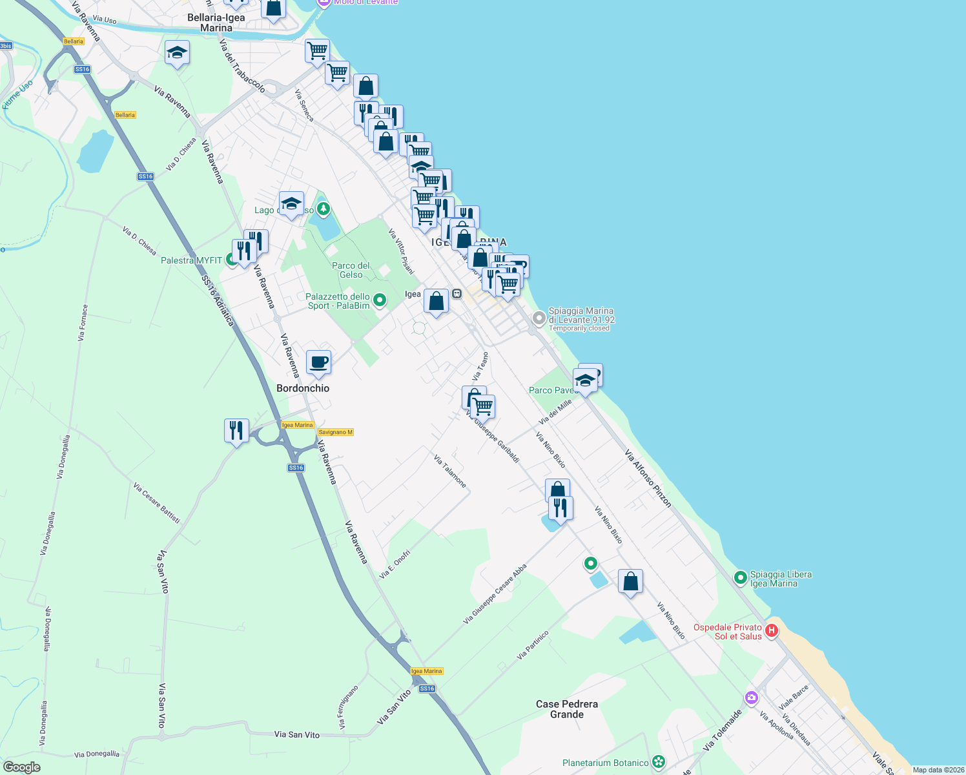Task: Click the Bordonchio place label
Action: [x=303, y=388]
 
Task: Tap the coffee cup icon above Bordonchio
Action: [x=318, y=362]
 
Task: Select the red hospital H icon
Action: [x=771, y=631]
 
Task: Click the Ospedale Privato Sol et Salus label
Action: [x=728, y=632]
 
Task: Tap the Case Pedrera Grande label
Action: [x=567, y=709]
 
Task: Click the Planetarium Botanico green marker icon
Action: [x=658, y=763]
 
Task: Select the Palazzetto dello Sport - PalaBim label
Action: [x=338, y=301]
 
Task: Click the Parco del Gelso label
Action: [x=351, y=270]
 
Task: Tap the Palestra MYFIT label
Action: [x=191, y=260]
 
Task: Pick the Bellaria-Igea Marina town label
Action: [x=216, y=23]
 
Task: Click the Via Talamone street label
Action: [x=450, y=471]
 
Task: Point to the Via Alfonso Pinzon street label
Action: [x=648, y=479]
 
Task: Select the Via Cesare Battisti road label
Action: [x=157, y=502]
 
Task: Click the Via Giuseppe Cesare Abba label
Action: [x=495, y=594]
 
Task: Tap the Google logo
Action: [x=22, y=767]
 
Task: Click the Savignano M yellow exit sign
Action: [x=336, y=432]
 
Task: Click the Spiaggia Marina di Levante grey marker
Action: [x=539, y=318]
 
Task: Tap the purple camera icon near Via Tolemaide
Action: [x=751, y=697]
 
